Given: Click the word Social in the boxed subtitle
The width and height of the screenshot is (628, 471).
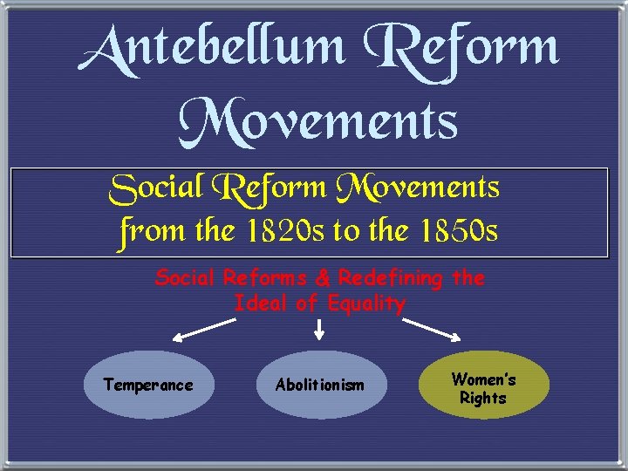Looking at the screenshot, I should click(155, 188).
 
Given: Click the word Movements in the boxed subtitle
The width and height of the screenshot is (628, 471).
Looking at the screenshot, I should click(423, 188).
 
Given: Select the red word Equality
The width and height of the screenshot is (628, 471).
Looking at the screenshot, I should click(366, 304).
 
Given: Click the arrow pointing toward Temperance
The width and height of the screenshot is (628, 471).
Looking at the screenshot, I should click(204, 331).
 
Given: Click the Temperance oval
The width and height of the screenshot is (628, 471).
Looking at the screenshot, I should click(148, 385).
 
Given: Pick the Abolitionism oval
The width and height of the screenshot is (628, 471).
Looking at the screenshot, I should click(320, 385).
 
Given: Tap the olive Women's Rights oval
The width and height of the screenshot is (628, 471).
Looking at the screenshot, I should click(484, 385).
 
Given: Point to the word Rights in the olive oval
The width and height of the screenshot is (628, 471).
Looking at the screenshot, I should click(483, 398).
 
